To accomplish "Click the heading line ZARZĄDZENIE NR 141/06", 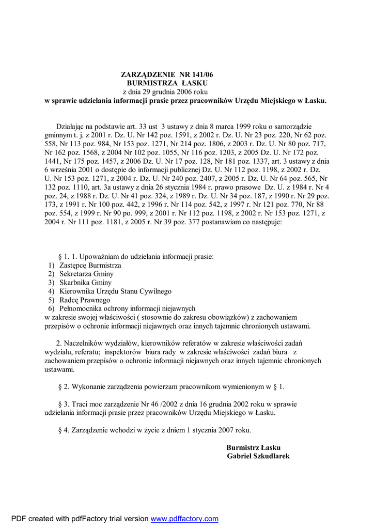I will point(166,75).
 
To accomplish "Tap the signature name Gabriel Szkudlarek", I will point(258,456).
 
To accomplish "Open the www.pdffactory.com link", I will point(184,519).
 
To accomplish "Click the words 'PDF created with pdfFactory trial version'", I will point(80,519).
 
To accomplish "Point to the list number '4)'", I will point(51,291).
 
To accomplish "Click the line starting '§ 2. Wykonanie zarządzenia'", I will point(172,386).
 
